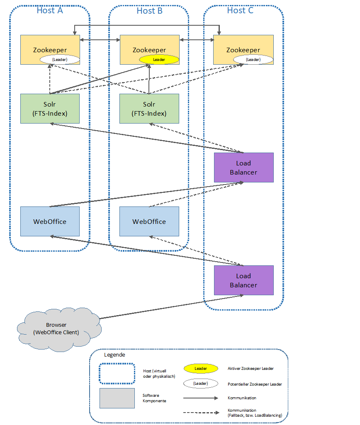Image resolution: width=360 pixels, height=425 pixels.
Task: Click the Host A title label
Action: pyautogui.click(x=50, y=10)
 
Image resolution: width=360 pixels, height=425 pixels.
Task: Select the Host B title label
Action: pyautogui.click(x=149, y=11)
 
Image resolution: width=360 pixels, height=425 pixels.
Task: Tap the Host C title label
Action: pyautogui.click(x=240, y=10)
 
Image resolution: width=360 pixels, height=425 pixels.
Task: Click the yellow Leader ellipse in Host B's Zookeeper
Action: pyautogui.click(x=159, y=60)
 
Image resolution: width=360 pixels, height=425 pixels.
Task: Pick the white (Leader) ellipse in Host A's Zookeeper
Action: pyautogui.click(x=60, y=60)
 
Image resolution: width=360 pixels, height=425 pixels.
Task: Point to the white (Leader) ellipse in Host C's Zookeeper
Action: pyautogui.click(x=253, y=60)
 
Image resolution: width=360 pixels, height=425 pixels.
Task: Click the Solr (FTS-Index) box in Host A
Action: pyautogui.click(x=50, y=109)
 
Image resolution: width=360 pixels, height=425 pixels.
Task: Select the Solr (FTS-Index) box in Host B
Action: pyautogui.click(x=149, y=109)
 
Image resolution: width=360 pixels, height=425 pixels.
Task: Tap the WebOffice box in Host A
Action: pyautogui.click(x=50, y=221)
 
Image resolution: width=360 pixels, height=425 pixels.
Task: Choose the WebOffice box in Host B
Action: pyautogui.click(x=149, y=221)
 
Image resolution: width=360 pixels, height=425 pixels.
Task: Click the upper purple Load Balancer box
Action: pyautogui.click(x=244, y=168)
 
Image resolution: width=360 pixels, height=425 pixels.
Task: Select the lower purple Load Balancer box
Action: pyautogui.click(x=244, y=280)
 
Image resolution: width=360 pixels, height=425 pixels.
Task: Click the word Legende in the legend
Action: pyautogui.click(x=114, y=355)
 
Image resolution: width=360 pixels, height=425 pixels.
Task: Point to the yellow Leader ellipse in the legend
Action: pyautogui.click(x=201, y=369)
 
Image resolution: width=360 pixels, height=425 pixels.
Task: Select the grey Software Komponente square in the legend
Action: pyautogui.click(x=117, y=398)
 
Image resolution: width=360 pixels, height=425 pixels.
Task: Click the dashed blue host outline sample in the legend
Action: pyautogui.click(x=117, y=374)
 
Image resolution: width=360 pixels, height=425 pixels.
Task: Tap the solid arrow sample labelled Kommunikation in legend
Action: pyautogui.click(x=201, y=398)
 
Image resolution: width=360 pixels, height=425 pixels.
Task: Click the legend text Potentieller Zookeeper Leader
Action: pyautogui.click(x=255, y=384)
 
